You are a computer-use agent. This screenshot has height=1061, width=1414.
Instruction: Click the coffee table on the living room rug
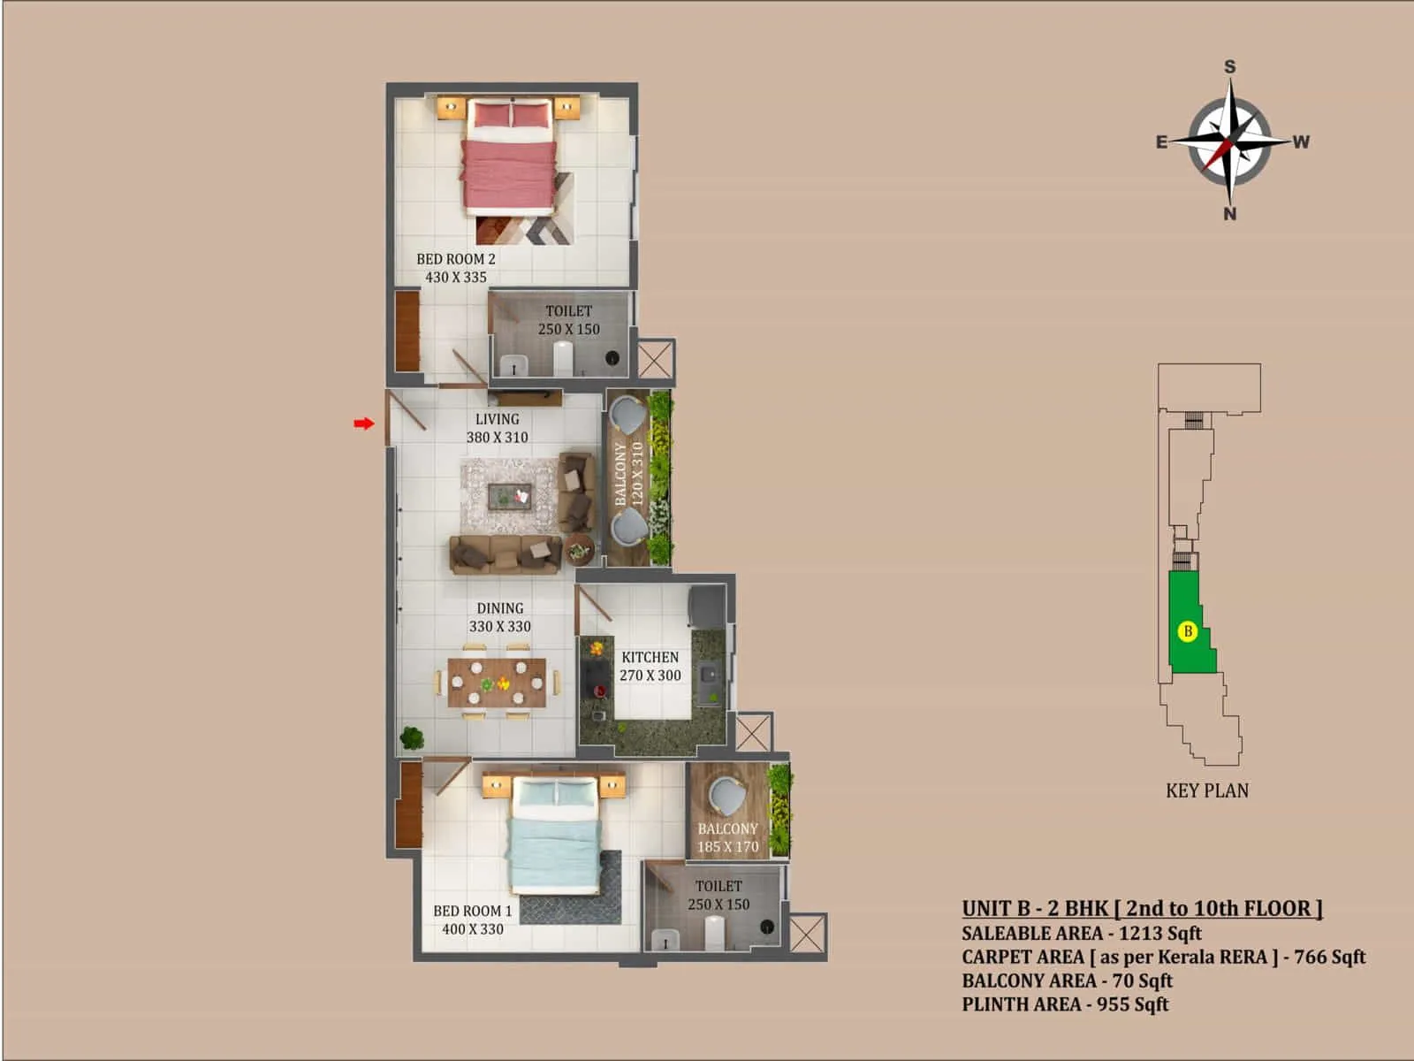[x=510, y=497]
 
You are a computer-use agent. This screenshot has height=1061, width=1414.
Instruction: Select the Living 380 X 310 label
[x=497, y=428]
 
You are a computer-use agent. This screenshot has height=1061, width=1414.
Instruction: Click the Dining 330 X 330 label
[x=499, y=617]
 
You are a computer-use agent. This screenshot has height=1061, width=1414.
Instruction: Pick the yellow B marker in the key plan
[x=1188, y=631]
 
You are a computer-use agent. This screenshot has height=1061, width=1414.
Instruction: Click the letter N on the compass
[x=1229, y=214]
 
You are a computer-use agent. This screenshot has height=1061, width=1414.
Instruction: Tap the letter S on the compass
[x=1229, y=67]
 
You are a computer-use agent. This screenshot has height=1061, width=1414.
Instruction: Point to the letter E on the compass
[x=1162, y=141]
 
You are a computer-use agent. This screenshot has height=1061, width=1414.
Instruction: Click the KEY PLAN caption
[x=1207, y=791]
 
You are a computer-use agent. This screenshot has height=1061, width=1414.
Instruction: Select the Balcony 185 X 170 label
[x=727, y=837]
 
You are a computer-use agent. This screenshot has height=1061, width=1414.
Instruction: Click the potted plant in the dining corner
[x=411, y=737]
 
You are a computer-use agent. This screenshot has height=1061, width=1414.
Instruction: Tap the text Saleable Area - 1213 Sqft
[x=1082, y=933]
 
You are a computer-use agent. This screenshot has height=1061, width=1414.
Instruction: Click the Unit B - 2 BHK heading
[x=1142, y=908]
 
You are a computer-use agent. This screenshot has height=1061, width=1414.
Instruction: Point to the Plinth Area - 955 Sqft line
[x=1065, y=1004]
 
